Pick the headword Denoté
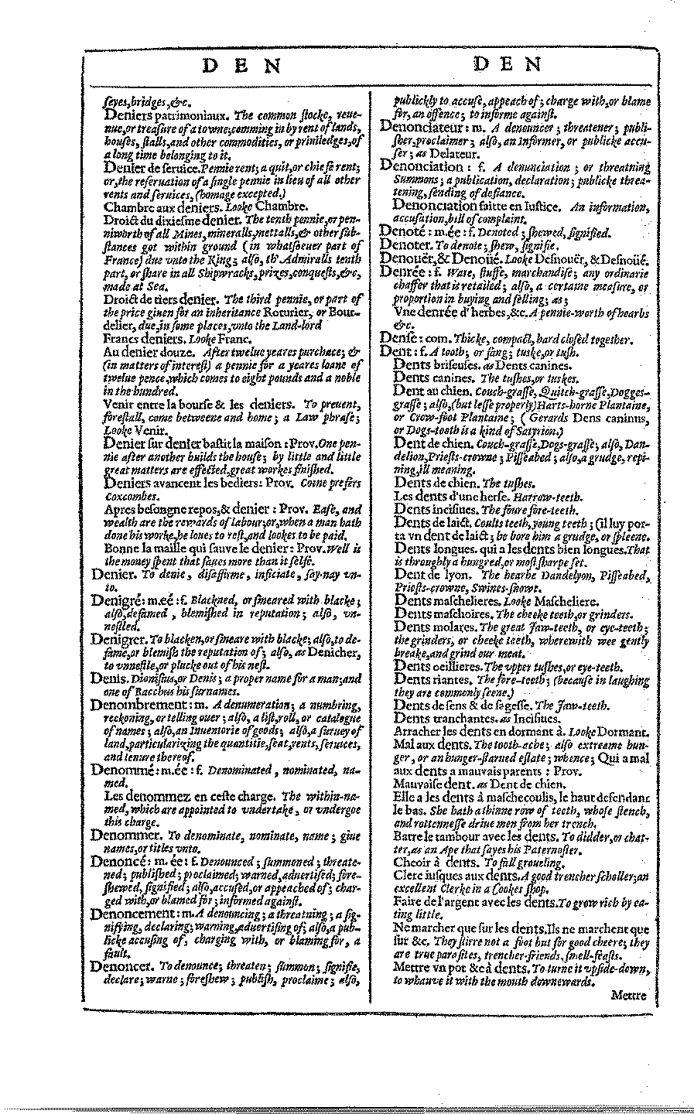tap(402, 231)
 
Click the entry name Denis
tap(104, 677)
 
